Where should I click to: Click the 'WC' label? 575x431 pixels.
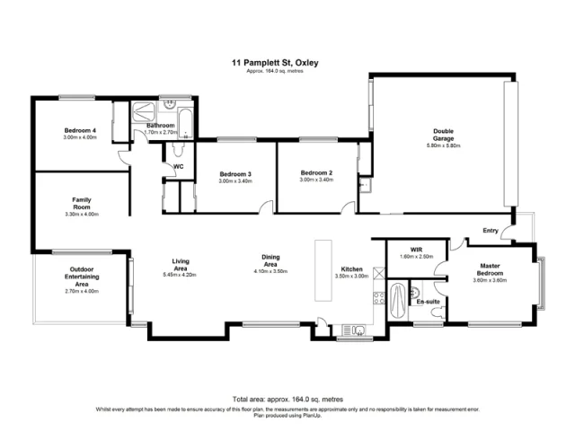click(178, 166)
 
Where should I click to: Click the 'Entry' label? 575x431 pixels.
click(490, 231)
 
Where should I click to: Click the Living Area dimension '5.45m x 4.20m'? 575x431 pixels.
click(180, 274)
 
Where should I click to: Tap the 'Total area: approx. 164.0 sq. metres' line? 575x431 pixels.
click(287, 399)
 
